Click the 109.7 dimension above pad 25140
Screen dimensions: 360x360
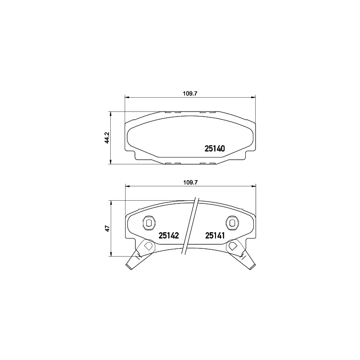point(190,94)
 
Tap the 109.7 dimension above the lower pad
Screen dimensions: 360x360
point(190,182)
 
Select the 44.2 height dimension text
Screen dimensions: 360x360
point(107,138)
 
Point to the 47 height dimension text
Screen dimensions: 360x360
point(107,229)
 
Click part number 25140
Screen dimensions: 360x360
point(215,148)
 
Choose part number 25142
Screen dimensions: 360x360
point(169,235)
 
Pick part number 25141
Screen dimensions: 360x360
point(215,235)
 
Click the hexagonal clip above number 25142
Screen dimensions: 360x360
point(148,222)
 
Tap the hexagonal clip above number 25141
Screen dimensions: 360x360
point(232,222)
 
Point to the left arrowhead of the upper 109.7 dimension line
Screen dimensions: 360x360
point(126,97)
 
